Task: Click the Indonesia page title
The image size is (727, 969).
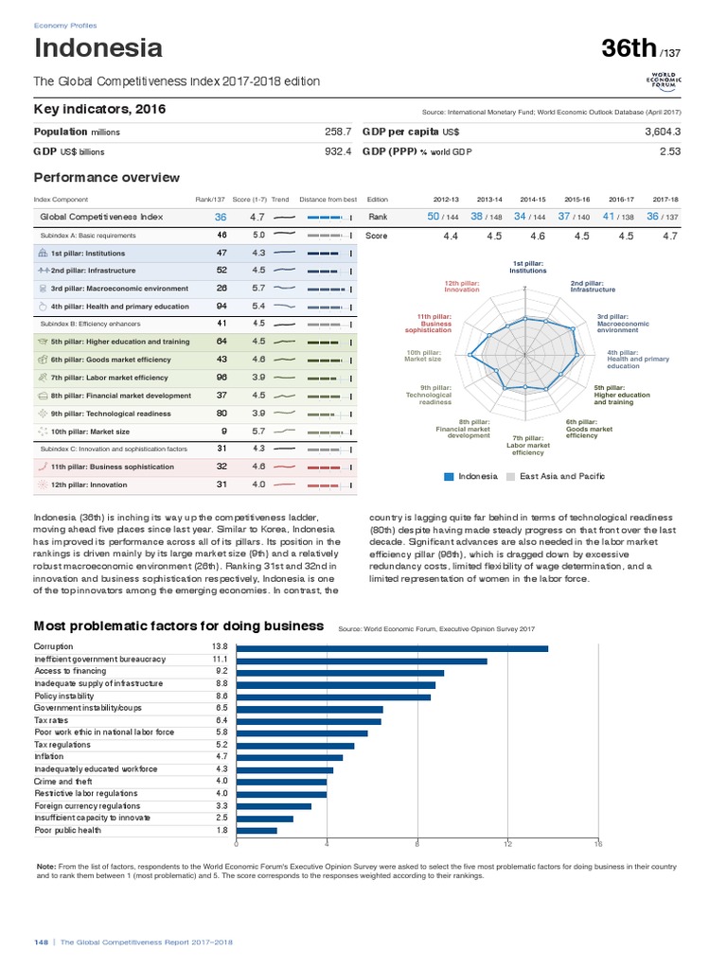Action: pyautogui.click(x=98, y=48)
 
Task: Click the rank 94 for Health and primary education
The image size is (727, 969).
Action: pyautogui.click(x=221, y=307)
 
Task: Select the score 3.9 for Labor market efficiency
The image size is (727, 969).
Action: pyautogui.click(x=258, y=378)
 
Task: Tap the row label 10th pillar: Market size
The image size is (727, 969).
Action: pyautogui.click(x=90, y=431)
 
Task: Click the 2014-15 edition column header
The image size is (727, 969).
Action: pyautogui.click(x=533, y=199)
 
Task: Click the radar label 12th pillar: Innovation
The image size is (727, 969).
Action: pyautogui.click(x=462, y=286)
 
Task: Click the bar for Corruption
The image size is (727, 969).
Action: pyautogui.click(x=392, y=648)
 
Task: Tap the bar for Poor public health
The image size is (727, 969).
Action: pyautogui.click(x=257, y=830)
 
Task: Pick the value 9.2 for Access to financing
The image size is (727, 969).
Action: pyautogui.click(x=222, y=671)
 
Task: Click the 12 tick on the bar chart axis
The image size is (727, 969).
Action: pyautogui.click(x=507, y=844)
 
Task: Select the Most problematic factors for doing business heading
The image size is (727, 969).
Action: pyautogui.click(x=179, y=625)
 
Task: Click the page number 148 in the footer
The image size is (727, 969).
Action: pyautogui.click(x=41, y=943)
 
